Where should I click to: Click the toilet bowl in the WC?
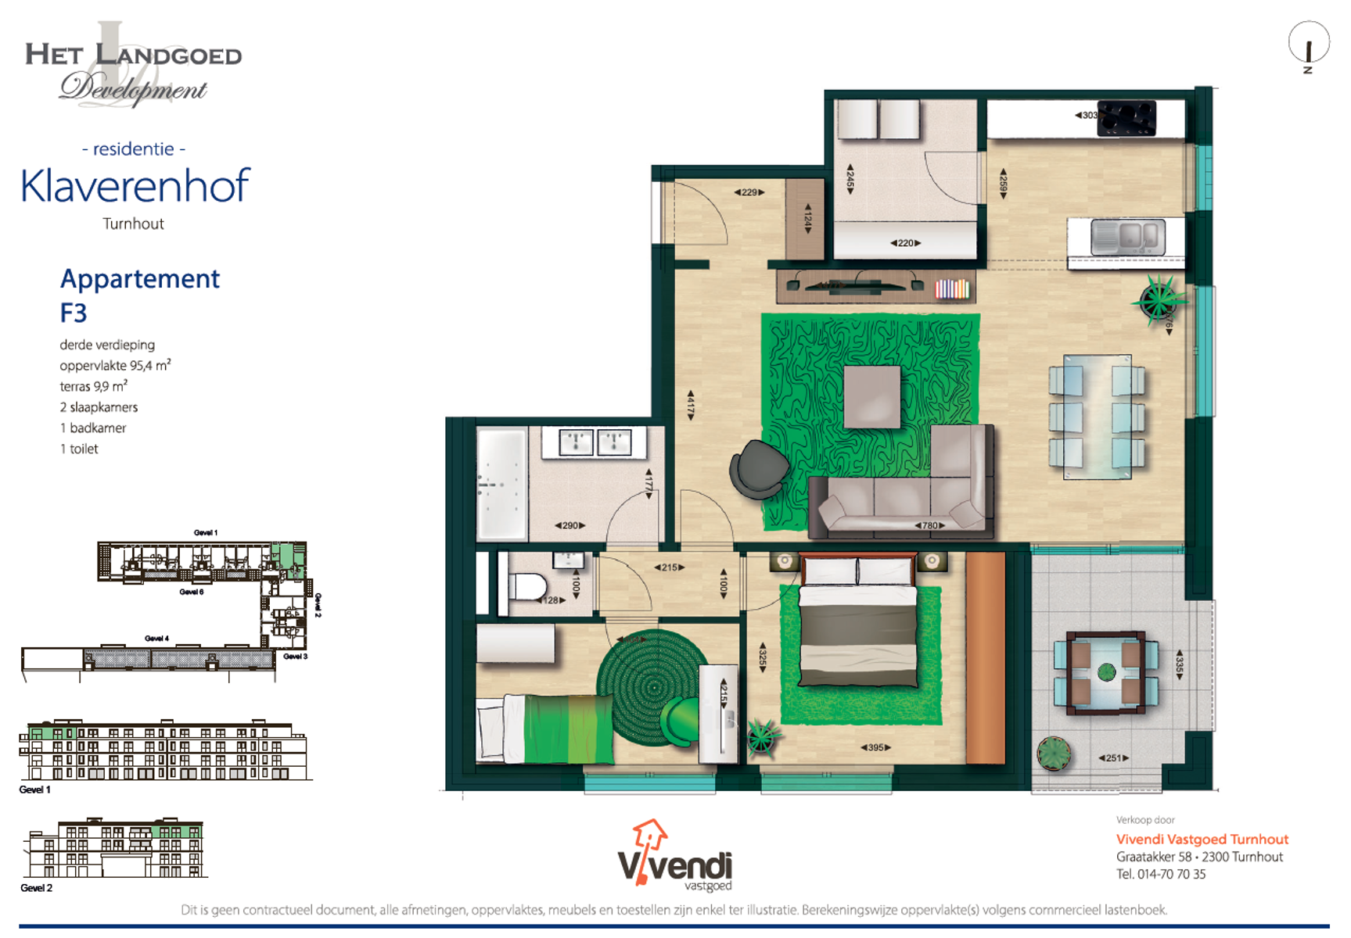coord(528,586)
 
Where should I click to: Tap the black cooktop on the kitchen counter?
coord(1126,118)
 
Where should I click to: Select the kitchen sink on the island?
coord(1128,237)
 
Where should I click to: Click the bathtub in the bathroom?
coord(501,483)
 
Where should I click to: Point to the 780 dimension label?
coord(930,525)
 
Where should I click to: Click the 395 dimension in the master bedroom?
coord(875,747)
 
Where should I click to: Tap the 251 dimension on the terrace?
coord(1113,757)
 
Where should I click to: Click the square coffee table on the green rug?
coord(871,396)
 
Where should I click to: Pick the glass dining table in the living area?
coord(1097,416)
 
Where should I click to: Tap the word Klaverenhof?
coord(135,186)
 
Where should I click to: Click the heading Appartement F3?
coord(139,295)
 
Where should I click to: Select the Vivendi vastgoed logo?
coord(674,856)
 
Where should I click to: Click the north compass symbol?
coord(1308,45)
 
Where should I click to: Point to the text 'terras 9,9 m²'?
coord(93,386)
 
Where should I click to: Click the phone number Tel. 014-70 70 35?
coord(1160,874)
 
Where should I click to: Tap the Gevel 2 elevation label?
coord(36,888)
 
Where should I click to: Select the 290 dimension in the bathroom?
coord(570,525)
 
